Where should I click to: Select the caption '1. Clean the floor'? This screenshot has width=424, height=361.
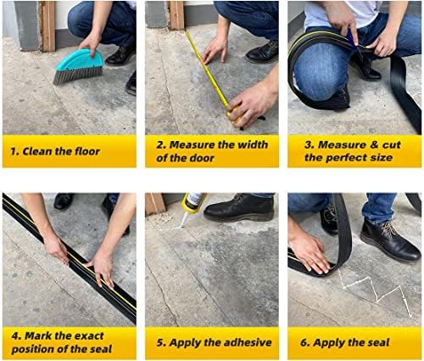56,151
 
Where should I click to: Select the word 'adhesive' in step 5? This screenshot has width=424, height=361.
243,343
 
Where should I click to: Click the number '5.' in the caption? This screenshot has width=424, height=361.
161,343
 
